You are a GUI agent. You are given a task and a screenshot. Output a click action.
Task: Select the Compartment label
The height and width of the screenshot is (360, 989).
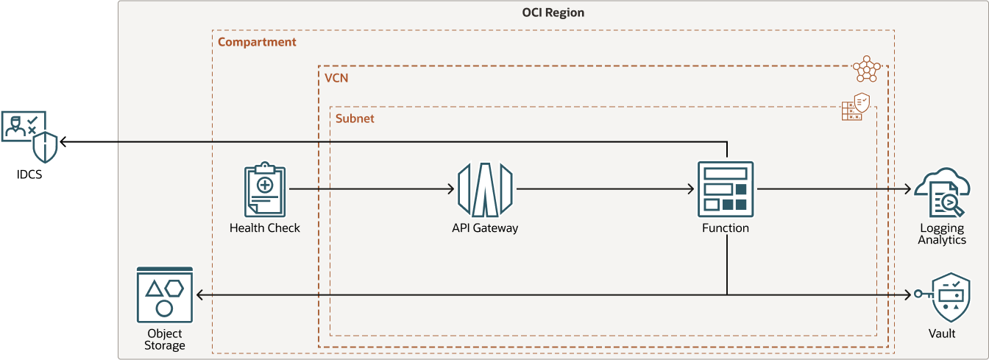tap(257, 42)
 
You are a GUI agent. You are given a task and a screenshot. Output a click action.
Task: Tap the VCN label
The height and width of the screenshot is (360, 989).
tap(336, 77)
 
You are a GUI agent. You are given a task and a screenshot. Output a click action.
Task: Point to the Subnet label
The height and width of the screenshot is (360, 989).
tap(355, 118)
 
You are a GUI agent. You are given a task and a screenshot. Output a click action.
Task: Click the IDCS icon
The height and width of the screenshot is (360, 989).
tap(29, 136)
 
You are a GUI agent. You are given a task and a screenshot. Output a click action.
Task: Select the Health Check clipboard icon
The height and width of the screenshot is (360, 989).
tap(265, 191)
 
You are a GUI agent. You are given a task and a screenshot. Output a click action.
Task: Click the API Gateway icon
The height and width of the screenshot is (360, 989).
tap(485, 190)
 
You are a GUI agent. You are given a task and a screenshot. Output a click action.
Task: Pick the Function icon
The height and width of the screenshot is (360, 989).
tap(726, 190)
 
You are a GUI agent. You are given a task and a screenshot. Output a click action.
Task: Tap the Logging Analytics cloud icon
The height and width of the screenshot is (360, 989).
tap(942, 191)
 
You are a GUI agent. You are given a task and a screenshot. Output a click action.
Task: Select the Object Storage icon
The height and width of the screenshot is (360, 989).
tap(164, 295)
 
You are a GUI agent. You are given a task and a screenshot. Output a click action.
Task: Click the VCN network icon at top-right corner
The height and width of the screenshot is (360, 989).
tap(866, 69)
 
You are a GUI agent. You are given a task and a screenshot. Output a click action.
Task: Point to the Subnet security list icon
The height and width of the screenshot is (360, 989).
tap(856, 107)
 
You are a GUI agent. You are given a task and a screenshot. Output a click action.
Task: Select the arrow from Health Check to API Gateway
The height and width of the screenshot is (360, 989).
tap(372, 190)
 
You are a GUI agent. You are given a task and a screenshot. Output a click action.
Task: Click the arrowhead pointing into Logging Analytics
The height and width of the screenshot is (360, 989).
tap(910, 190)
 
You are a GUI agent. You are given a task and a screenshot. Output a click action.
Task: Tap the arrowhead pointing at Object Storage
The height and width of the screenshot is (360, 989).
tap(200, 295)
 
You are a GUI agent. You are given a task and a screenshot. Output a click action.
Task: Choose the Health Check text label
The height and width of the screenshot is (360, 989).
tap(265, 228)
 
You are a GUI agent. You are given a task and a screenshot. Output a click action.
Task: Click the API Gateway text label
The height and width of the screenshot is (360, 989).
tap(485, 228)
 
